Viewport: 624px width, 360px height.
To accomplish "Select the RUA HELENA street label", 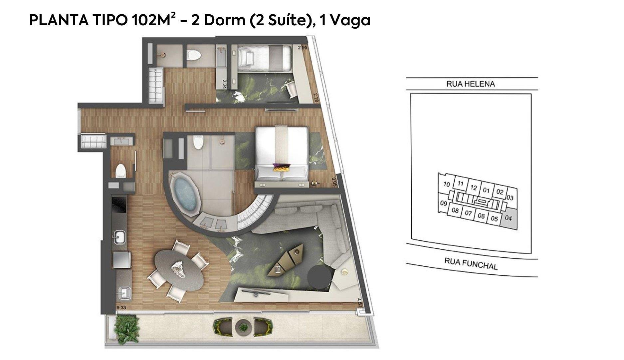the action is tap(471, 84).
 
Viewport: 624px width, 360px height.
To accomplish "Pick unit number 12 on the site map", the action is tap(474, 187).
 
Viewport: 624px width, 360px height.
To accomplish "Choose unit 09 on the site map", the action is tap(443, 203).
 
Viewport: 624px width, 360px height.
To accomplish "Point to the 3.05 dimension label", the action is tap(334, 182).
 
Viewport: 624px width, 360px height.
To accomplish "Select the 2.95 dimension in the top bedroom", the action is tap(303, 48).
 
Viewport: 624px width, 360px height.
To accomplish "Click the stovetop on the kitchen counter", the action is tap(118, 204).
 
